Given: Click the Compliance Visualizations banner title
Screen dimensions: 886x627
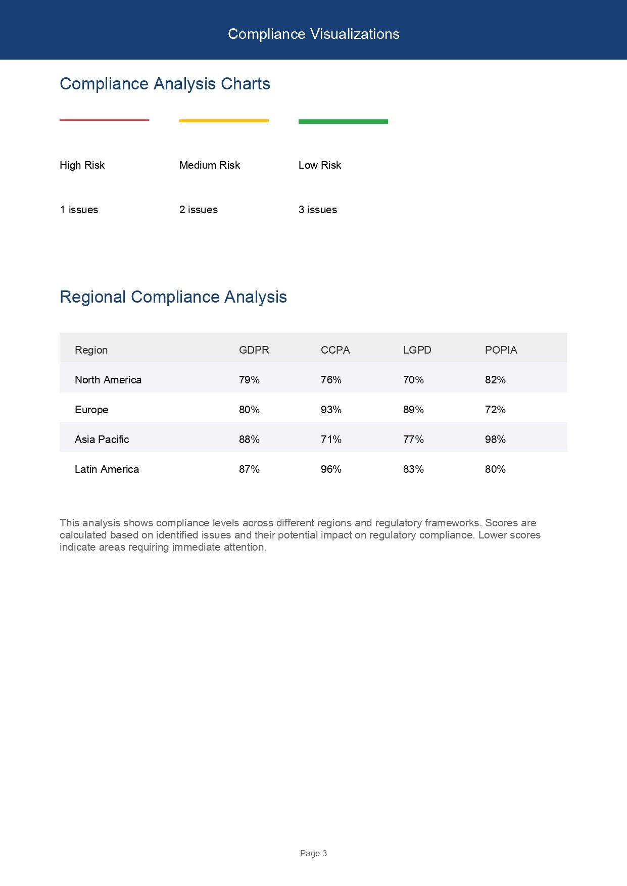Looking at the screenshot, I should pyautogui.click(x=313, y=34).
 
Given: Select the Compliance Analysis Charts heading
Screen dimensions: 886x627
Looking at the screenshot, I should pyautogui.click(x=165, y=84).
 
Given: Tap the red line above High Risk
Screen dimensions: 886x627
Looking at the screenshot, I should pyautogui.click(x=105, y=120).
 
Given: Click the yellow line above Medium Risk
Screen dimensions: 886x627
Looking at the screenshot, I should pyautogui.click(x=224, y=121).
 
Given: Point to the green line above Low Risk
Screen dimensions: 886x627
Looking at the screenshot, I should pyautogui.click(x=343, y=121).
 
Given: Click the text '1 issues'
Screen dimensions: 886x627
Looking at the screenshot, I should pyautogui.click(x=79, y=210).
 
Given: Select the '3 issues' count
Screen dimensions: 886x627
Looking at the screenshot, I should pyautogui.click(x=317, y=210).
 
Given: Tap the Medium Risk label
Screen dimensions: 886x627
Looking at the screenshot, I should pyautogui.click(x=209, y=165).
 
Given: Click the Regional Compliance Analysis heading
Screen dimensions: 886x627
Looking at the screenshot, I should pyautogui.click(x=173, y=297).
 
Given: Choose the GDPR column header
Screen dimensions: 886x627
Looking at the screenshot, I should pyautogui.click(x=254, y=350).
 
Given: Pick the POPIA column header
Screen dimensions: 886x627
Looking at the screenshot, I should pyautogui.click(x=501, y=350).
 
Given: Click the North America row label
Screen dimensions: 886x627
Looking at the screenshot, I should pyautogui.click(x=108, y=380).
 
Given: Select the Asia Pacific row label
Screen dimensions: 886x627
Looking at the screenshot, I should pyautogui.click(x=102, y=439).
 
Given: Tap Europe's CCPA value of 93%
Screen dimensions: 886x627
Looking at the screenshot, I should pyautogui.click(x=331, y=410).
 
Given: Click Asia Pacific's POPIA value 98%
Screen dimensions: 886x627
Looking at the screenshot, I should pyautogui.click(x=495, y=439).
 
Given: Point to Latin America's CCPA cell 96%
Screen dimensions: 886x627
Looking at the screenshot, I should pyautogui.click(x=331, y=469).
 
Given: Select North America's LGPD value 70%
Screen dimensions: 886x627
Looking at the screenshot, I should pyautogui.click(x=413, y=380).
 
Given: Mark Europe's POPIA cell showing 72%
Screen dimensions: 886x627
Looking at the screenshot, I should pyautogui.click(x=495, y=410).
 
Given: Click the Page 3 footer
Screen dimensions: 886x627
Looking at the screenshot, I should pyautogui.click(x=313, y=853).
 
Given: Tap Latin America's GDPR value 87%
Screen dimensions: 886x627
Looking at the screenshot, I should pyautogui.click(x=249, y=469).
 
